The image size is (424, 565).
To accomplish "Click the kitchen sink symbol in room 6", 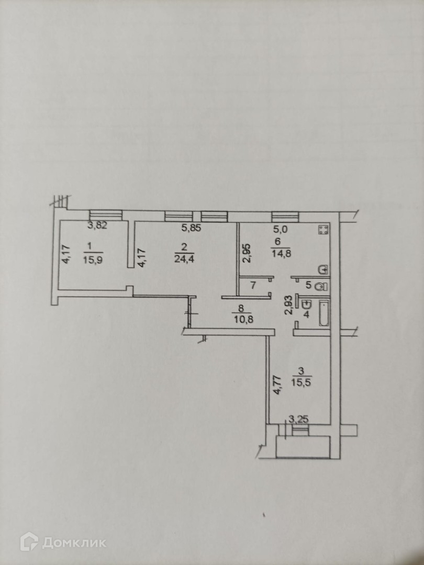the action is [x=324, y=269].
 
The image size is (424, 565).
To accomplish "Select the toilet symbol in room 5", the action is [x=322, y=286].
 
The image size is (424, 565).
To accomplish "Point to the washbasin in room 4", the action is [x=307, y=304].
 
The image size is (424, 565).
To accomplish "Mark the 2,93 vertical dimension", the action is [x=287, y=304].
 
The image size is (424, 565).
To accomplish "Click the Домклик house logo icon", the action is [x=29, y=541].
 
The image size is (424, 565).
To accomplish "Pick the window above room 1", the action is [x=105, y=214].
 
